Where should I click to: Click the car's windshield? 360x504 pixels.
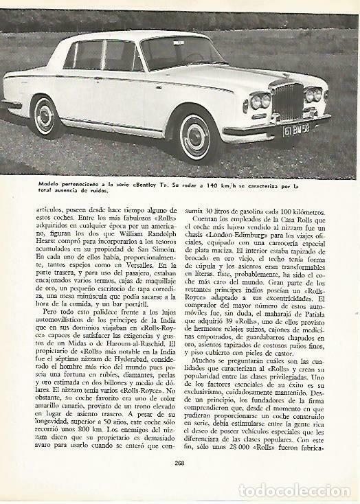point(174,53)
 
